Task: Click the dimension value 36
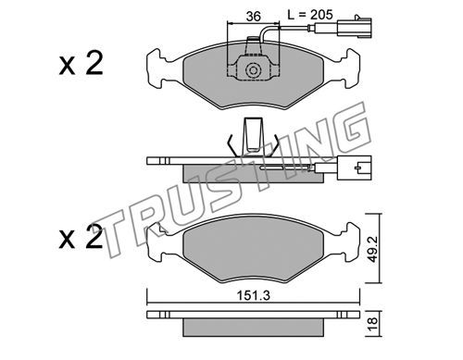click(254, 16)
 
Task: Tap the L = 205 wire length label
click(310, 14)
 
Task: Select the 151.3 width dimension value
click(254, 295)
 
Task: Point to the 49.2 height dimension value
click(373, 249)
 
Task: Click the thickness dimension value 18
click(373, 324)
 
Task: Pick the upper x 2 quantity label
click(81, 64)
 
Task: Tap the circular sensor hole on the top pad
click(254, 70)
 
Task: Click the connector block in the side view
click(355, 168)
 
